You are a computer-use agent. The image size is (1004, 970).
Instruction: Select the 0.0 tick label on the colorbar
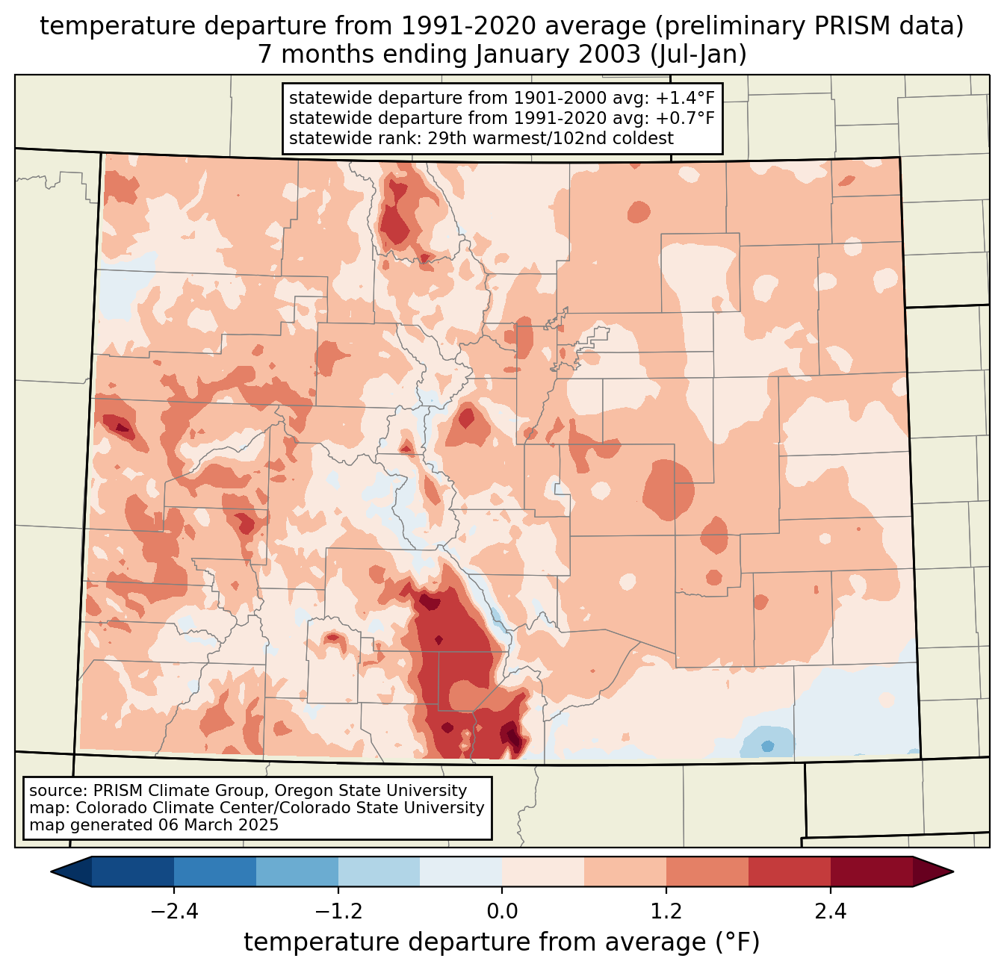pos(502,912)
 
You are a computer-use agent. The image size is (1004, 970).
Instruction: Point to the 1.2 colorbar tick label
pos(666,912)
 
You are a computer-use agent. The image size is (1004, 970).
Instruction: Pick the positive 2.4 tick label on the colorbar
pos(831,912)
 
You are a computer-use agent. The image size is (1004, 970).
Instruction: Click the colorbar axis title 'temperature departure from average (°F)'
pos(502,942)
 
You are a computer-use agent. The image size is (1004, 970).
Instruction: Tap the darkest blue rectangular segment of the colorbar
pos(133,871)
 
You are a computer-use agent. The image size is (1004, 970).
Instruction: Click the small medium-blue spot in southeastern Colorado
pos(767,746)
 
